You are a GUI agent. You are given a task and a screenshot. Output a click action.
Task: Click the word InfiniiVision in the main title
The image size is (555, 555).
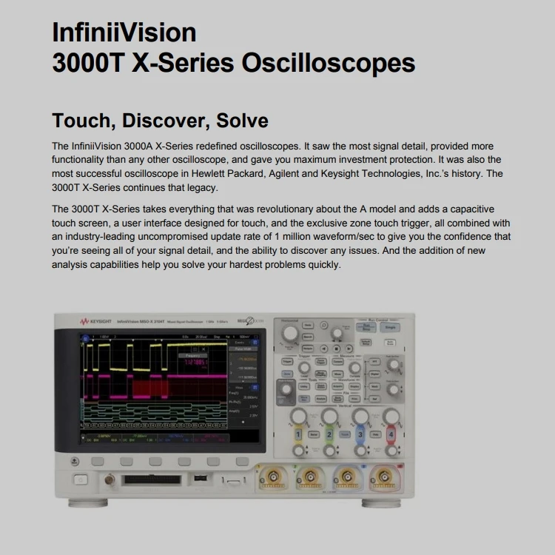pos(124,33)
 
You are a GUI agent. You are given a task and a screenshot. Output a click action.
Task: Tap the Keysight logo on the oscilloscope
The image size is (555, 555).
pos(96,322)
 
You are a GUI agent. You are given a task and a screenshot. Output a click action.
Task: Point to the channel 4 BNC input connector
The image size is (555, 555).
pos(383,479)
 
